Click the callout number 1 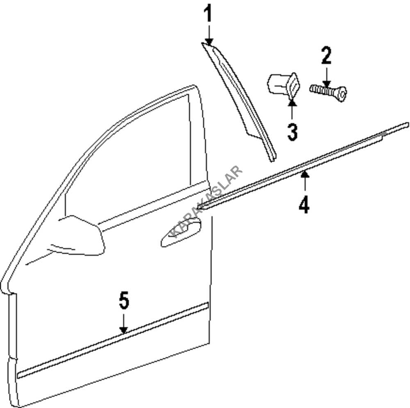[209, 14]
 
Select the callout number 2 [326, 56]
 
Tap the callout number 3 [292, 132]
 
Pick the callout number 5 [124, 301]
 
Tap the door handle [181, 233]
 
